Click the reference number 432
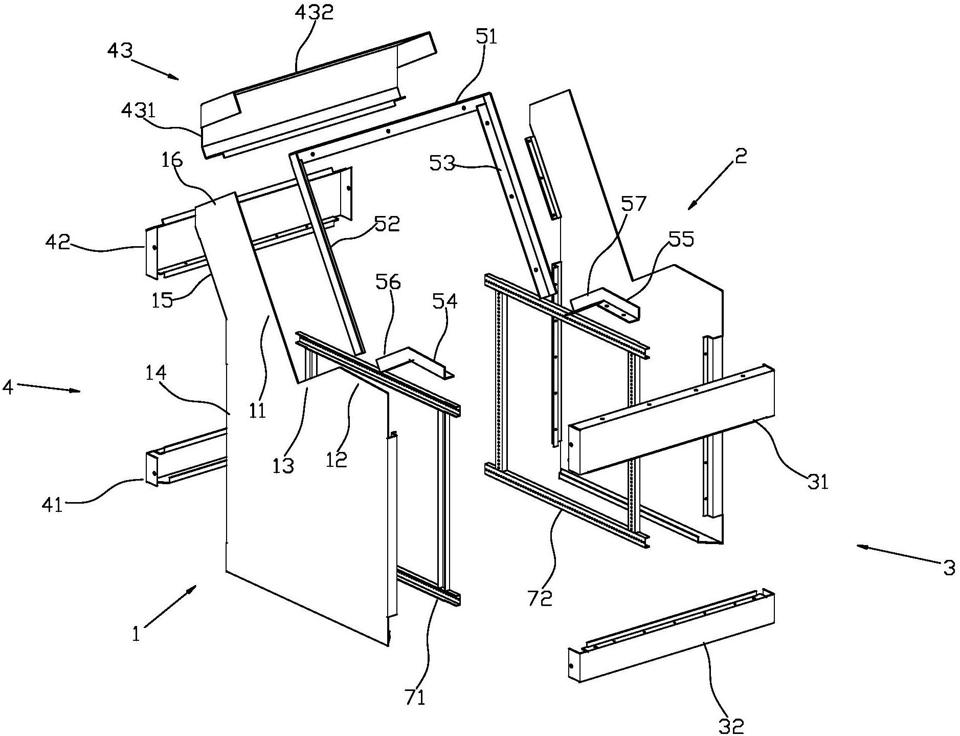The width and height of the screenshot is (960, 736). click(314, 12)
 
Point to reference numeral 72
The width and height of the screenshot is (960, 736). click(541, 597)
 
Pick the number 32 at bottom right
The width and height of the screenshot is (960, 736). click(731, 725)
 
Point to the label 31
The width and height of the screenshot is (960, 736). click(817, 481)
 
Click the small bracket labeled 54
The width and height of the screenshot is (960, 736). click(415, 363)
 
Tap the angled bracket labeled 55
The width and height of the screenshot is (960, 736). click(605, 304)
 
